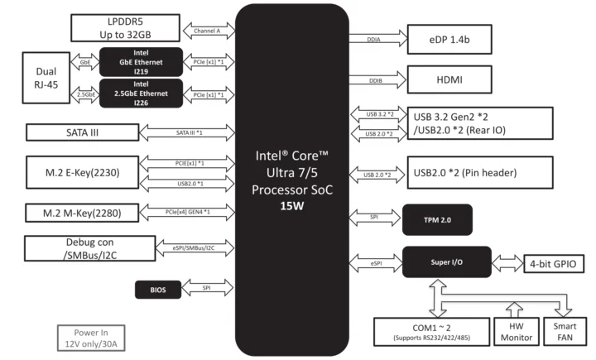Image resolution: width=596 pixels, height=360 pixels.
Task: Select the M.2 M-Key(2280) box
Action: click(79, 212)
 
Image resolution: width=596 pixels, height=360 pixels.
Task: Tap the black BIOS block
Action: click(156, 290)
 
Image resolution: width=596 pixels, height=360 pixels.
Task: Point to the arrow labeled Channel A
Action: click(207, 31)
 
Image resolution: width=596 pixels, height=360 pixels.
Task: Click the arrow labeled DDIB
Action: click(377, 82)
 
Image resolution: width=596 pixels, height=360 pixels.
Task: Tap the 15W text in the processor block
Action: click(293, 205)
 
